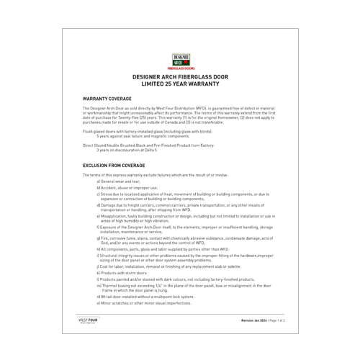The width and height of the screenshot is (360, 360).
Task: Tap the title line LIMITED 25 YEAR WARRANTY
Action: point(181,84)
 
